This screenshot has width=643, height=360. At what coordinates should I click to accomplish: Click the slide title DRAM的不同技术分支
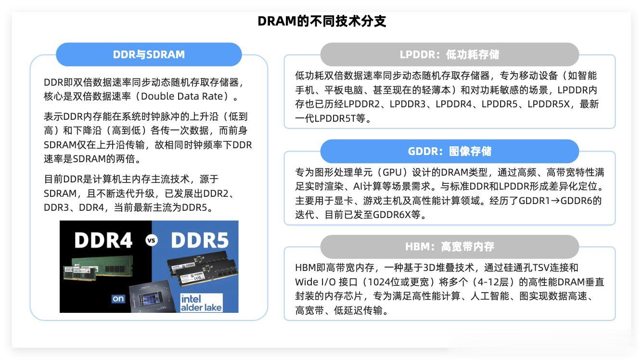point(322,21)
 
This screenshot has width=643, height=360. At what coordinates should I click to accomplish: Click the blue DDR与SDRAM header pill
point(149,54)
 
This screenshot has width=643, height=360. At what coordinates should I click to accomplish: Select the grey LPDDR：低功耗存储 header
point(450,54)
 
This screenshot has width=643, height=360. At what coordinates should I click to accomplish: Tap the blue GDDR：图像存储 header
point(450,151)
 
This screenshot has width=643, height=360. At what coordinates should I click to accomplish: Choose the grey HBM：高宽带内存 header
point(450,246)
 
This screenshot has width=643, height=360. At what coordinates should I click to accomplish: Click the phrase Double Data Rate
point(182,96)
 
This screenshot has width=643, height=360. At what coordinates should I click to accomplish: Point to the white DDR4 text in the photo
point(103,240)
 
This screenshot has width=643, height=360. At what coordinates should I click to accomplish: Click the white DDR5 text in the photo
point(200,240)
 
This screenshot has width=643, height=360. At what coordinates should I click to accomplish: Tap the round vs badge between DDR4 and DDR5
point(152,240)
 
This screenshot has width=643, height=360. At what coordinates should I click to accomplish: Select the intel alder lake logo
point(201,303)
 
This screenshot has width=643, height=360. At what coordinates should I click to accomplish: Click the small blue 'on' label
point(118,298)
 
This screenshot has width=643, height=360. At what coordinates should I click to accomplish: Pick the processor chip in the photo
point(152,297)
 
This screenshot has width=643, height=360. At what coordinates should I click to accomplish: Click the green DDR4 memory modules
point(98,269)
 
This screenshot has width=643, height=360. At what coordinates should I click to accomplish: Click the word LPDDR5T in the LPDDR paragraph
point(335,118)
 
